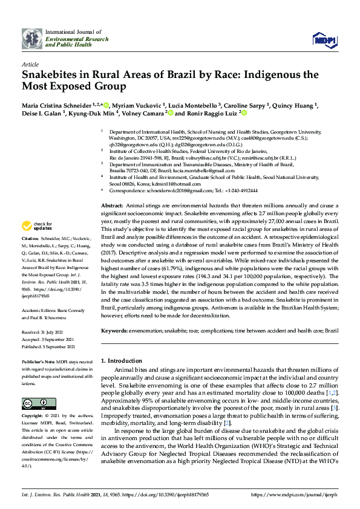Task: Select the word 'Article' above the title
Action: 30,63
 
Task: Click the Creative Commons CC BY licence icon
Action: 34,403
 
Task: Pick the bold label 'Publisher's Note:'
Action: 37,359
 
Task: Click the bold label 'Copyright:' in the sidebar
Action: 33,416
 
